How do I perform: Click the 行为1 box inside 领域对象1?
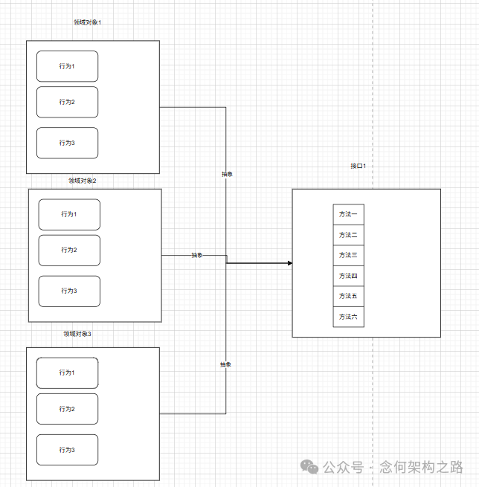tap(67, 66)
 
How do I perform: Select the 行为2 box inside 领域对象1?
tap(67, 102)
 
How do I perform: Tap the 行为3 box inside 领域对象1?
tap(67, 143)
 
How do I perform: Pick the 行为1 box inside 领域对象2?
tap(69, 214)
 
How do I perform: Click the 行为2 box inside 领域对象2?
tap(69, 251)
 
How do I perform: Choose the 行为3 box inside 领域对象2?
tap(69, 291)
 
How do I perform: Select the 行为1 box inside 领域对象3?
tap(67, 372)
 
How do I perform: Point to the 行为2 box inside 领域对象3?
tap(67, 409)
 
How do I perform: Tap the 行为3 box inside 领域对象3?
tap(67, 450)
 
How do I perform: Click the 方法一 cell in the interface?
tap(348, 214)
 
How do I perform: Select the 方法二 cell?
tap(348, 235)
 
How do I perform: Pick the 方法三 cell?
tap(348, 255)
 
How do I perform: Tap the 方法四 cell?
tap(348, 276)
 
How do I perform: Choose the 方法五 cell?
tap(348, 296)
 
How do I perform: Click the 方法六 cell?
tap(348, 317)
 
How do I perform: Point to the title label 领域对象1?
tap(88, 22)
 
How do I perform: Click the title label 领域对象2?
tap(83, 181)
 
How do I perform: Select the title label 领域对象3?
tap(77, 334)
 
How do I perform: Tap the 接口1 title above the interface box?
tap(359, 166)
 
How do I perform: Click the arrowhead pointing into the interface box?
tap(289, 263)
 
